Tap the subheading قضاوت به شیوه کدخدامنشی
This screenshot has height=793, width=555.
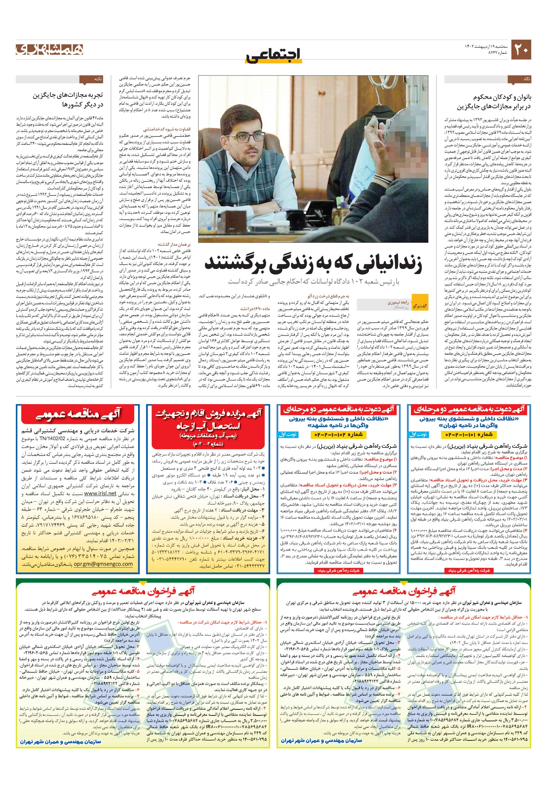(171, 129)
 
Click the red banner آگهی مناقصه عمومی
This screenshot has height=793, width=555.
(78, 415)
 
